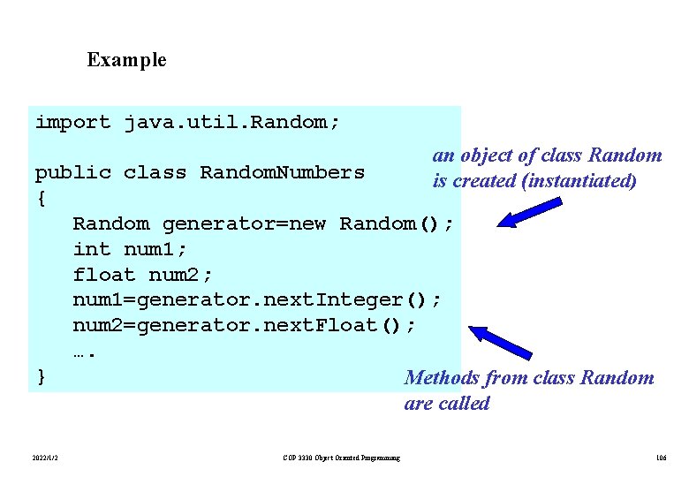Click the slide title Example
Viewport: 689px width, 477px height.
[126, 60]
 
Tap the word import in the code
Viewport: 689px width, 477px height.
[73, 122]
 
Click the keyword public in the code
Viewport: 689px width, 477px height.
[73, 172]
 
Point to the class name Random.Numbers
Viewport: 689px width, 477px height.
[282, 172]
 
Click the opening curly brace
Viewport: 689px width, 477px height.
[41, 198]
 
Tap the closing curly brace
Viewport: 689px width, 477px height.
[41, 377]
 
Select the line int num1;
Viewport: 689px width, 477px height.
[130, 249]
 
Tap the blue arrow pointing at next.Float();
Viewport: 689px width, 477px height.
[499, 343]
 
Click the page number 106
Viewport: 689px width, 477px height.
[662, 458]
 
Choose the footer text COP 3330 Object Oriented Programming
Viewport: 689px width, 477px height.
[341, 458]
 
